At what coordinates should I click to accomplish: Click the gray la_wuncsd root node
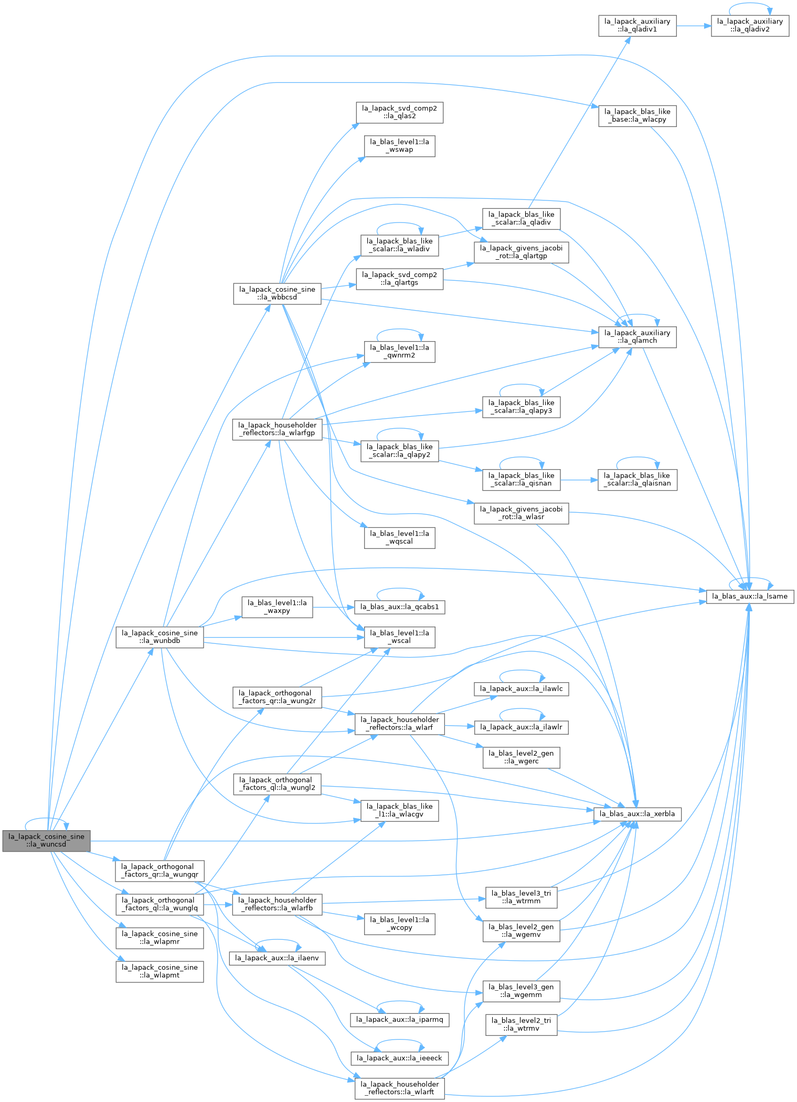[46, 840]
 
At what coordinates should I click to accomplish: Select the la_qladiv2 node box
[750, 26]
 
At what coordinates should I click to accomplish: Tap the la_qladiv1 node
[637, 26]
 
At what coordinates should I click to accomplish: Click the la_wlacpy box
[637, 115]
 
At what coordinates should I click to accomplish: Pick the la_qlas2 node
[399, 112]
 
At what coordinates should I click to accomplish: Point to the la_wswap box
[399, 146]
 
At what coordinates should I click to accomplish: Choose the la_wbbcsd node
[277, 293]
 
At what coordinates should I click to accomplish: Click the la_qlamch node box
[637, 337]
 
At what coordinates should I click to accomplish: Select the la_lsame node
[750, 596]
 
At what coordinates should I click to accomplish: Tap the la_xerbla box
[637, 813]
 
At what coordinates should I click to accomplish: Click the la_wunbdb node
[160, 637]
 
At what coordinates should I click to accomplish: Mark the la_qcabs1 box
[400, 607]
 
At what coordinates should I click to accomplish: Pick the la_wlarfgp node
[277, 429]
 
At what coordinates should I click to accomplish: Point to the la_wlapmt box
[160, 971]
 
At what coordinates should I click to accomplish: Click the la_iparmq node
[400, 1020]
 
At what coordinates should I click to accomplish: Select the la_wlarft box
[400, 1088]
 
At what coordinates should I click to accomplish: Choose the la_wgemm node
[521, 991]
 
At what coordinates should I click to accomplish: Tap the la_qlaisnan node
[637, 480]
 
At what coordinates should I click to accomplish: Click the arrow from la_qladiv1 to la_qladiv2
[694, 26]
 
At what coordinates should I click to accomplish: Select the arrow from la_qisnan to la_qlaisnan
[579, 480]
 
